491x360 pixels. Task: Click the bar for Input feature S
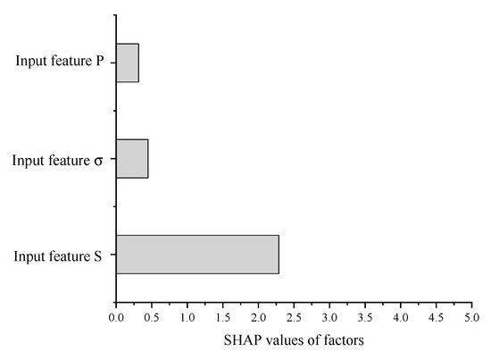[x=196, y=255]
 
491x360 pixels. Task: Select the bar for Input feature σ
[x=132, y=158]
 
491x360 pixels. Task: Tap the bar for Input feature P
[x=127, y=63]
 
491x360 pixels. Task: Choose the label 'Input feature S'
[x=59, y=257]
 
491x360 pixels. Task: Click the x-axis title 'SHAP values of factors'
[x=293, y=340]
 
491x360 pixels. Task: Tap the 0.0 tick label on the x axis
[x=116, y=317]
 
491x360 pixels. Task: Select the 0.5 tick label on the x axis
[x=152, y=317]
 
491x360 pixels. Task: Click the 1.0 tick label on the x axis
[x=187, y=317]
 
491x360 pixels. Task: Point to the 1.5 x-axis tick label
[x=223, y=317]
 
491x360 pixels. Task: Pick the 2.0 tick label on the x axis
[x=258, y=317]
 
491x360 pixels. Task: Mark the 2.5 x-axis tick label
[x=294, y=317]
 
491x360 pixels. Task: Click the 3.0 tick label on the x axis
[x=329, y=317]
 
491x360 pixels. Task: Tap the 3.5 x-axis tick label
[x=365, y=317]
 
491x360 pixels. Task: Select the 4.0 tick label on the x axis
[x=401, y=317]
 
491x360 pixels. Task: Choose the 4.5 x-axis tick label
[x=437, y=317]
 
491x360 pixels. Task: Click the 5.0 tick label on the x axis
[x=471, y=317]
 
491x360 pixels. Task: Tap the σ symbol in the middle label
[x=97, y=162]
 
